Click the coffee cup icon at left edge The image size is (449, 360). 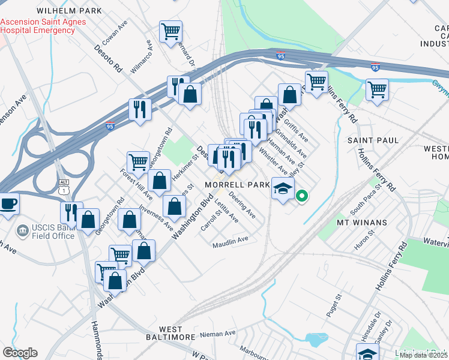point(8,203)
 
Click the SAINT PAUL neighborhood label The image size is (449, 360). point(373,140)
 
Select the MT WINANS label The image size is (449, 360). point(361,223)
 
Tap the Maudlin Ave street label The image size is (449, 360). point(231,240)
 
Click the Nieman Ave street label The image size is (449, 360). point(218,333)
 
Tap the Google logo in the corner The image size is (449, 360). point(20,353)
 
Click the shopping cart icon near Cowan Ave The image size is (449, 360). point(171,31)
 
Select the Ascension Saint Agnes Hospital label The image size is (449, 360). point(43,26)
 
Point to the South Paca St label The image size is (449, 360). point(366,201)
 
